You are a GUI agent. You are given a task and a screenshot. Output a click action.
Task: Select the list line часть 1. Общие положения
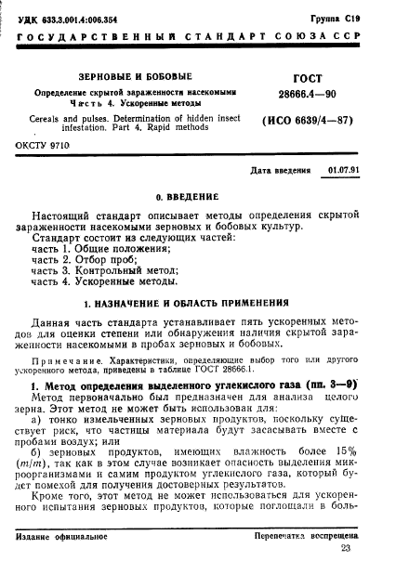99,250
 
